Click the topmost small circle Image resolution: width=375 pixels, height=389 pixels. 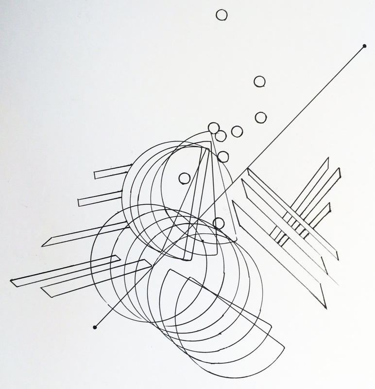coord(222,15)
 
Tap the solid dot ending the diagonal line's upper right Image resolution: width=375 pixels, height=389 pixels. coord(364,47)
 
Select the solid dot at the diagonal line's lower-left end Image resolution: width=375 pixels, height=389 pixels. coord(95,327)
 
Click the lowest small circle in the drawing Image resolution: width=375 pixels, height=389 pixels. coord(219,223)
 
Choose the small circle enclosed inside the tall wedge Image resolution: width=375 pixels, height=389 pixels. coord(185,178)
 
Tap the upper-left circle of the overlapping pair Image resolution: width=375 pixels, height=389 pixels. coord(213,128)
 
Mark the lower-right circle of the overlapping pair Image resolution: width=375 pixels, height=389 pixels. coord(221,136)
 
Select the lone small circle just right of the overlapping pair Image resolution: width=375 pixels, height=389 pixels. coord(237,131)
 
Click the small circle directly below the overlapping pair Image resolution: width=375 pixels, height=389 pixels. coord(223,156)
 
